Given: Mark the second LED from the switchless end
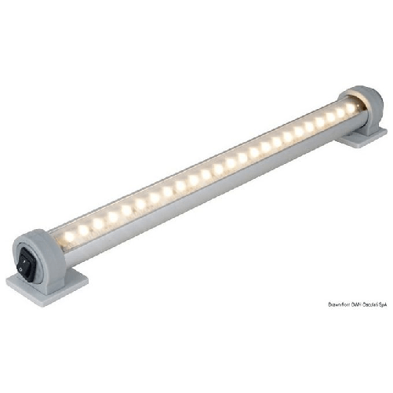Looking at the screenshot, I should [x=330, y=117].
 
